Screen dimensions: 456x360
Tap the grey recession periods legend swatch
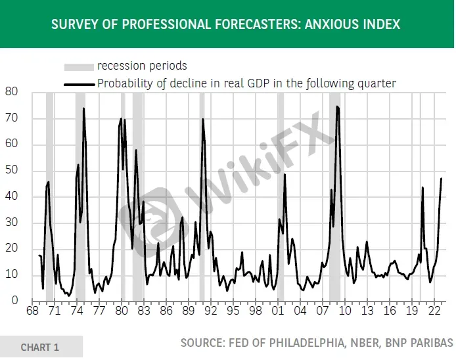[79, 67]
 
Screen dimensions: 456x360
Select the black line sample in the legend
[80, 85]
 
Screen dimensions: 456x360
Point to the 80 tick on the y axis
[11, 91]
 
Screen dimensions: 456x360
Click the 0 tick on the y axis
[15, 300]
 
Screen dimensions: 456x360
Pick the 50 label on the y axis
[11, 170]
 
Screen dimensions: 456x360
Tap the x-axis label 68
[32, 311]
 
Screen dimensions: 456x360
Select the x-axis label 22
[434, 311]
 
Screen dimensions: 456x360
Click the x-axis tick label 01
[278, 311]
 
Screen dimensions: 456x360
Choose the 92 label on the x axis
[211, 311]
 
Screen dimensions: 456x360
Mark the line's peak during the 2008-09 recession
[337, 106]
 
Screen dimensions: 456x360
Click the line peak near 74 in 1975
[83, 108]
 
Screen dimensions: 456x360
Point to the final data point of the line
[442, 179]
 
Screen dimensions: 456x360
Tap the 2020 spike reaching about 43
[422, 188]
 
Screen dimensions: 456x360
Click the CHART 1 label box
[41, 347]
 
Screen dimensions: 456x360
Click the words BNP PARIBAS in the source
[419, 343]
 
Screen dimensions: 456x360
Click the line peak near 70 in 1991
[202, 119]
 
